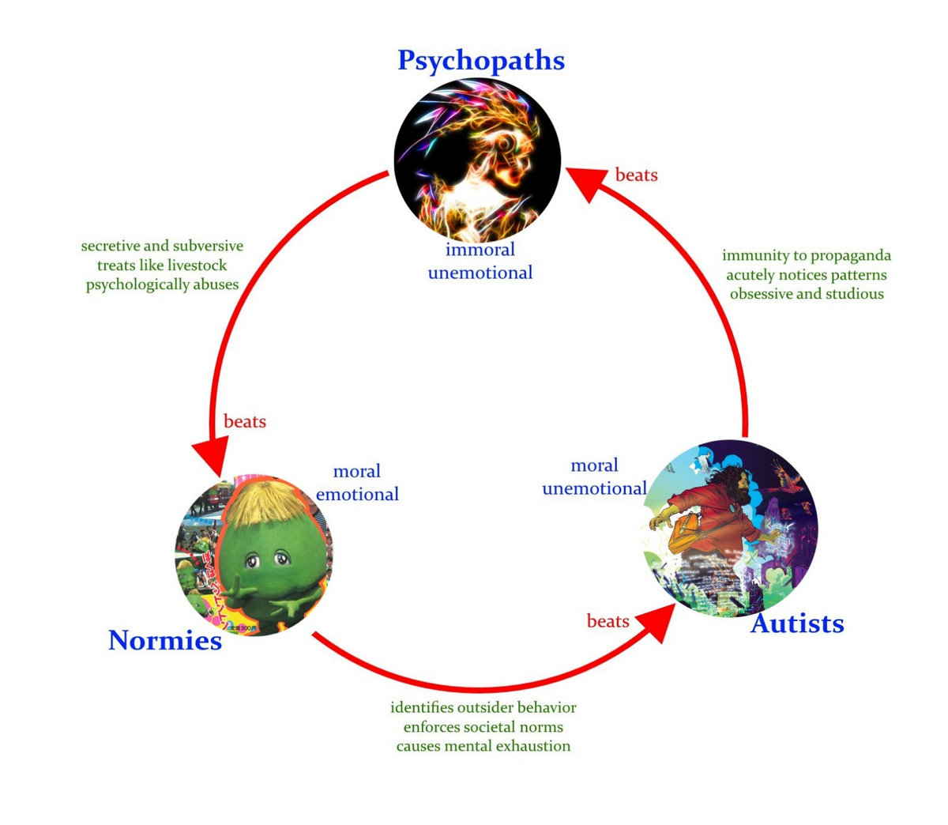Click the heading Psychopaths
tap(481, 61)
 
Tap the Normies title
tap(165, 641)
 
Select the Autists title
tap(797, 623)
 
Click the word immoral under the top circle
tap(480, 250)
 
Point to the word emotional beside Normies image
tap(357, 494)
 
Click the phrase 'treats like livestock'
tap(162, 266)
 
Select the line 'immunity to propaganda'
tap(807, 255)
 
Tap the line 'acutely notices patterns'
tap(807, 275)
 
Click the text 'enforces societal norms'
tap(483, 727)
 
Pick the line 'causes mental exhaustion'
tap(483, 746)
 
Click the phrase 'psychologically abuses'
tap(162, 284)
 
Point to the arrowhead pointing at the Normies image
tap(212, 456)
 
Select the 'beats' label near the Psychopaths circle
tap(637, 175)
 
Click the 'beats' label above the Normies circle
tap(245, 421)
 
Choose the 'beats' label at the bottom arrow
tap(608, 621)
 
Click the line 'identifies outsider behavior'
tap(483, 708)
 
